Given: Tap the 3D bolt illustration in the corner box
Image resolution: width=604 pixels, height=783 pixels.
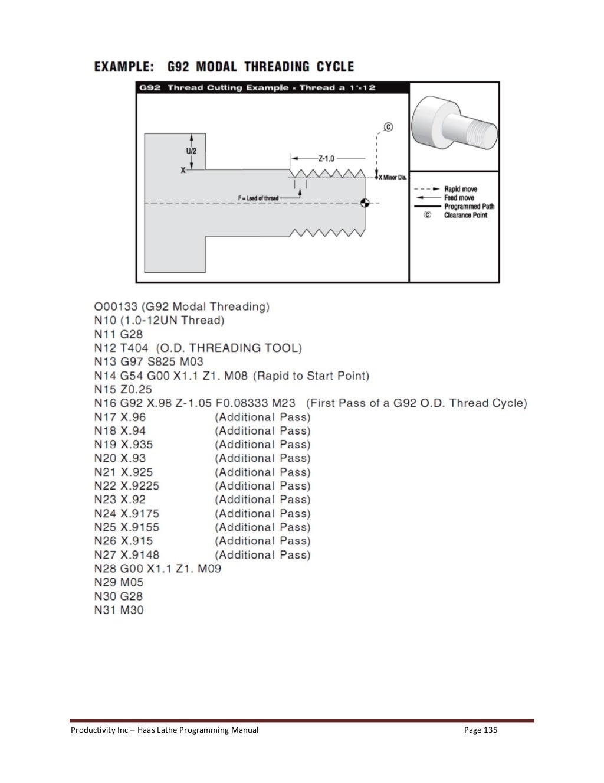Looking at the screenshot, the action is pos(454,126).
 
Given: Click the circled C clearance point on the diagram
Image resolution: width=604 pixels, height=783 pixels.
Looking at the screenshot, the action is pos(388,127).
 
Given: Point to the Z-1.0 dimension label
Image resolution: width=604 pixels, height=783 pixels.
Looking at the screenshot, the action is pos(326,158).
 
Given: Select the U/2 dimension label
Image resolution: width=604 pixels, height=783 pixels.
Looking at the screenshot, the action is pos(192,151).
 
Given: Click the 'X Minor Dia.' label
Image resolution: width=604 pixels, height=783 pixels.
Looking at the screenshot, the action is pos(393,177).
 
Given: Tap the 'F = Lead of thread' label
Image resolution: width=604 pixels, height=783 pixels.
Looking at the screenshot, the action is pos(258,198).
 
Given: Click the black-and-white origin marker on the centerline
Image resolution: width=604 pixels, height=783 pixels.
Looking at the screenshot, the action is pos(365,203).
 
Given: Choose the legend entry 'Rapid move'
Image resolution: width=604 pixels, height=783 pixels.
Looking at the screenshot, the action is pos(461,190).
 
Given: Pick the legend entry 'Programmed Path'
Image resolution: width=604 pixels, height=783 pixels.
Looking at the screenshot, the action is pos(469,207).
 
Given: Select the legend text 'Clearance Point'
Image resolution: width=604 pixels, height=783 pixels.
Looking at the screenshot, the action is pos(465,216).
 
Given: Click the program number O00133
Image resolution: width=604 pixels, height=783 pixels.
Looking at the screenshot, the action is pos(116,306).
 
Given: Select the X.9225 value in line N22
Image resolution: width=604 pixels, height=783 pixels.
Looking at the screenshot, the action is pos(140,486).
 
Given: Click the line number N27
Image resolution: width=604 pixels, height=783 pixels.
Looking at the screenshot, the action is pos(105,555).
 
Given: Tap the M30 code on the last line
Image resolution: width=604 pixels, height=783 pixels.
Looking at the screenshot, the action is pos(132,610).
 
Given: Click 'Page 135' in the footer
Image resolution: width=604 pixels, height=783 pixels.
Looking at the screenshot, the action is pos(481,730).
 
